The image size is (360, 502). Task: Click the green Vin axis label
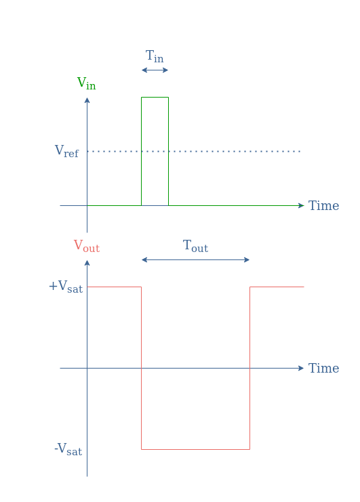(x=87, y=83)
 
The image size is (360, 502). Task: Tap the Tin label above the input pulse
(x=155, y=56)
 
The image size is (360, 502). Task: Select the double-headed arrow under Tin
(x=155, y=70)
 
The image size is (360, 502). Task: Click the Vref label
(x=66, y=151)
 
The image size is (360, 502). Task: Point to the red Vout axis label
(x=87, y=246)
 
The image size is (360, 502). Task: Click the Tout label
(x=196, y=246)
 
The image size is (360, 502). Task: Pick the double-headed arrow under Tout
(x=196, y=259)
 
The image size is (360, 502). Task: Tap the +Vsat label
(x=66, y=286)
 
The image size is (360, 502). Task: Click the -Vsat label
(x=68, y=449)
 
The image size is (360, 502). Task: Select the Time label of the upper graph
(x=323, y=205)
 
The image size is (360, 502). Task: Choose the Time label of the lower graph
(x=323, y=368)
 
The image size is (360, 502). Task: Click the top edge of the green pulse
(x=155, y=97)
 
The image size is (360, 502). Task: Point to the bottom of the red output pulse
(x=196, y=449)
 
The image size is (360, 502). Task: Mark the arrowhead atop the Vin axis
(x=87, y=100)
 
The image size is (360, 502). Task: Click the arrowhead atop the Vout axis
(x=87, y=263)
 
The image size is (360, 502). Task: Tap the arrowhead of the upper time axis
(x=301, y=205)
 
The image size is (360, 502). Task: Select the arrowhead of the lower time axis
(x=301, y=368)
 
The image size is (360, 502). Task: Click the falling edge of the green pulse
(x=168, y=151)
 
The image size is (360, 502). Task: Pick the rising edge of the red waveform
(x=249, y=368)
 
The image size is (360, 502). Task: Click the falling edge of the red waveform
(x=141, y=368)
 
